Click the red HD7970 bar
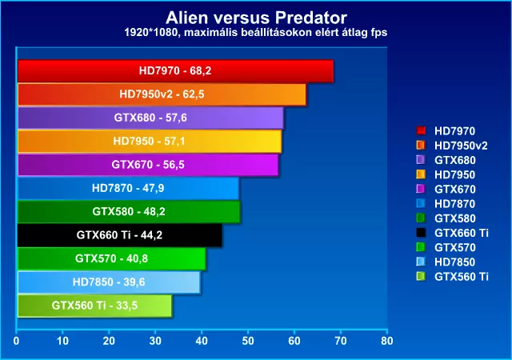(x=175, y=71)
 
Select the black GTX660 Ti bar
(x=120, y=235)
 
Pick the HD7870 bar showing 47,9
(x=128, y=188)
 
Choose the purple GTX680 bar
(x=150, y=118)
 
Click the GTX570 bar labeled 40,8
(x=112, y=258)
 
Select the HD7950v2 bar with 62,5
(x=162, y=94)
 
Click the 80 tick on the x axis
(x=387, y=341)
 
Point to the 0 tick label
(x=16, y=341)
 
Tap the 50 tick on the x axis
(x=248, y=341)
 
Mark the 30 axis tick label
(x=155, y=341)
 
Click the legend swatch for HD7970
(x=422, y=130)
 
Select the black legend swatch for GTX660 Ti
(x=422, y=233)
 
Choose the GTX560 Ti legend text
(x=462, y=277)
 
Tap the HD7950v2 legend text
(x=461, y=146)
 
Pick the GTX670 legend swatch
(x=422, y=189)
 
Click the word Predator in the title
(x=310, y=18)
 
